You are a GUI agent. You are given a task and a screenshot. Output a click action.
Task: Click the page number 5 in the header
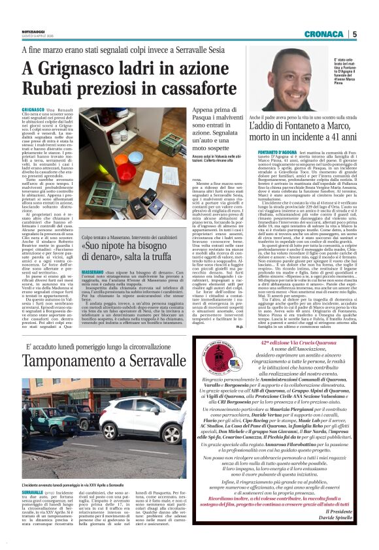pyautogui.click(x=355, y=34)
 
